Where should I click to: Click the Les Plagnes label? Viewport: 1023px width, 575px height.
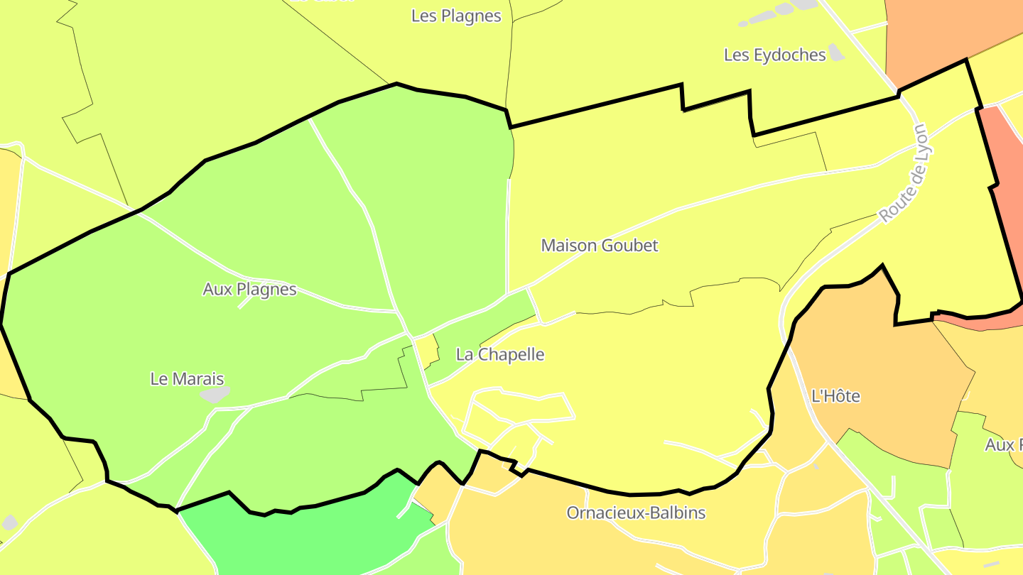[456, 16]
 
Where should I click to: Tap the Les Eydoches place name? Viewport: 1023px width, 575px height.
[774, 55]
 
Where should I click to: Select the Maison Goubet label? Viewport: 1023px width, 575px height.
[600, 246]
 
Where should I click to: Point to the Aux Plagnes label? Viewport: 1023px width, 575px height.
[249, 290]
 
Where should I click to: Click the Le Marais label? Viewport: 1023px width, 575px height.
[187, 379]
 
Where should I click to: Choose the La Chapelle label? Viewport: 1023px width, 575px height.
[500, 354]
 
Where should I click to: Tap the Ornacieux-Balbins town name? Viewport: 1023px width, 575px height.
[636, 513]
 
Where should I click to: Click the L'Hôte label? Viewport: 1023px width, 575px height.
[835, 396]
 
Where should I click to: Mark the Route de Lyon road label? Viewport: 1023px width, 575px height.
[903, 174]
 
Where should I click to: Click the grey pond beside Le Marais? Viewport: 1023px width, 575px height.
[215, 394]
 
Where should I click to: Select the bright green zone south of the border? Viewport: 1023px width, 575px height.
[305, 540]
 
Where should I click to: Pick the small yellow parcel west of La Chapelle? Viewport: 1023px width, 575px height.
[426, 350]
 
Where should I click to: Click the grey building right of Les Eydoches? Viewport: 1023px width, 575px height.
[836, 52]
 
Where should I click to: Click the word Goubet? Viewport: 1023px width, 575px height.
[629, 246]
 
